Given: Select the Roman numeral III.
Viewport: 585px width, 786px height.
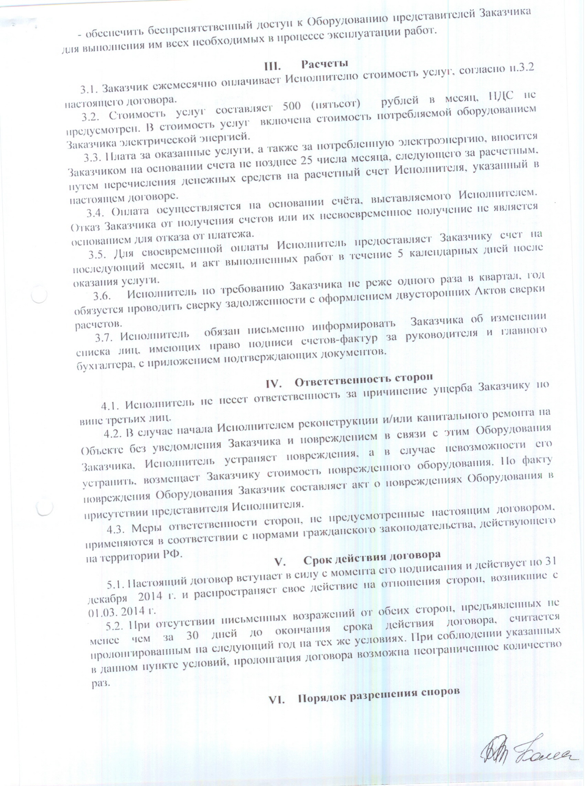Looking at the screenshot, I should point(273,66).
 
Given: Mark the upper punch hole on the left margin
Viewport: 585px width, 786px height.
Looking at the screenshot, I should point(39,294).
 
